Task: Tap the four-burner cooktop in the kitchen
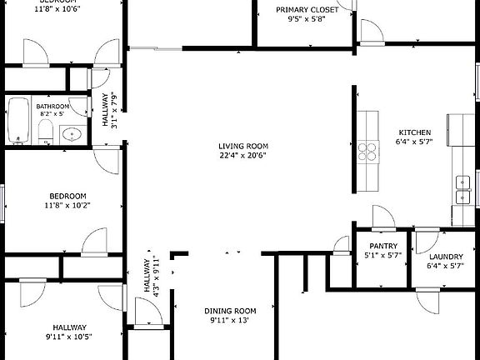tap(367, 151)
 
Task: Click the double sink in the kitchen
tap(462, 190)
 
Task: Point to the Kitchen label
tap(414, 132)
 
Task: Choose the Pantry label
tap(382, 246)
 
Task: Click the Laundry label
tap(445, 257)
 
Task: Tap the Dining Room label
tap(230, 311)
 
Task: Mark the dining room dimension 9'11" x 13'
tap(230, 321)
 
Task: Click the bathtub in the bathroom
tap(18, 122)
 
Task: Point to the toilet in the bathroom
tap(47, 132)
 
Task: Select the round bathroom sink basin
tap(72, 133)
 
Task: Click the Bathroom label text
tap(52, 107)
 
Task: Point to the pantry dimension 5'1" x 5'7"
tap(382, 256)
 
